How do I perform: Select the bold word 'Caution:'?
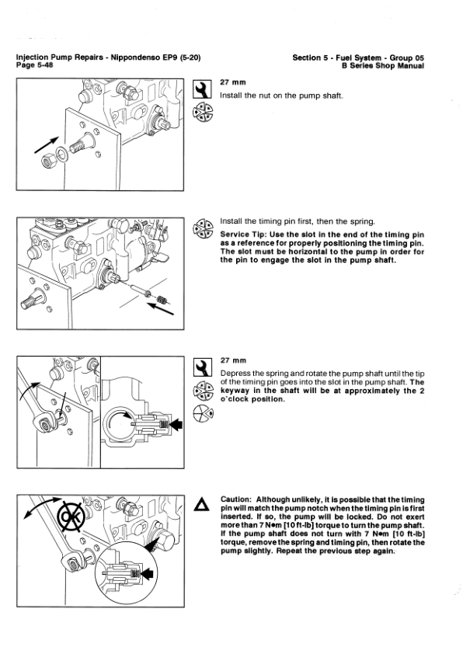click(x=236, y=499)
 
